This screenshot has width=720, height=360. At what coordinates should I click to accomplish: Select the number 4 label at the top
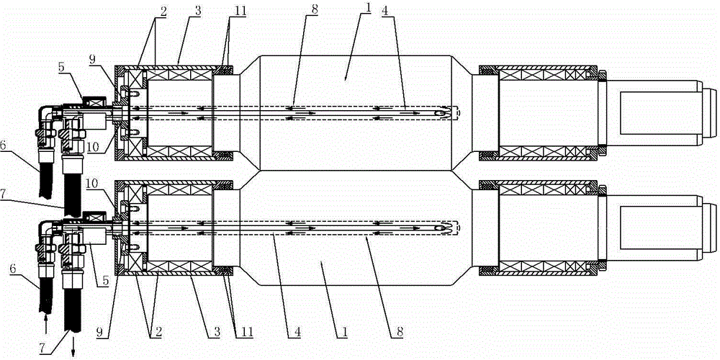384,9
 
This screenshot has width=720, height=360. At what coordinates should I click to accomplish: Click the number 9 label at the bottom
101,330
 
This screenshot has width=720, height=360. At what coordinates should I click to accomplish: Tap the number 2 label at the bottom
151,330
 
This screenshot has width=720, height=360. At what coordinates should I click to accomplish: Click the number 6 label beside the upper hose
4,145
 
